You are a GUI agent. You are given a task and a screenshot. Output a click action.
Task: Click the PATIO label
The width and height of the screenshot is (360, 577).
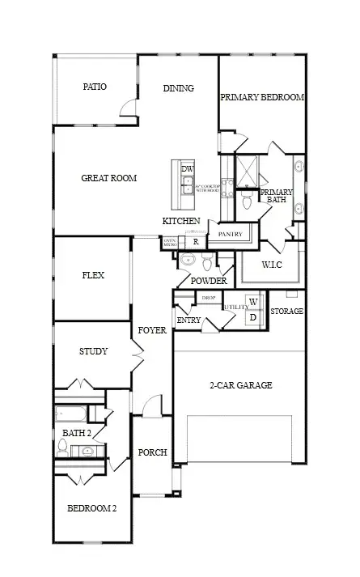(95, 87)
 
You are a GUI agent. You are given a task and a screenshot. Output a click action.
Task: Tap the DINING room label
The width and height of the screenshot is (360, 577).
(178, 89)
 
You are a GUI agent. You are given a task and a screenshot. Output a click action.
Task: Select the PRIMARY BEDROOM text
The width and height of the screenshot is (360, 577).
(262, 97)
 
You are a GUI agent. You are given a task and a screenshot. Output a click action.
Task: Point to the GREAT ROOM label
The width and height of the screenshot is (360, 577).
(108, 178)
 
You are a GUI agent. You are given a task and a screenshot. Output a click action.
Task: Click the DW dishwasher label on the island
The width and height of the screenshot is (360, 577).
(188, 168)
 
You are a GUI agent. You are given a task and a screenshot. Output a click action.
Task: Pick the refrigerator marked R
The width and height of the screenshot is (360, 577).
(195, 241)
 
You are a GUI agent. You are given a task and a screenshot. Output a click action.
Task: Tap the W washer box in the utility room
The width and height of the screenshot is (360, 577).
(253, 302)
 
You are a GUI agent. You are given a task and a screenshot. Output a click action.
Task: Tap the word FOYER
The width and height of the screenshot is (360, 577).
(151, 330)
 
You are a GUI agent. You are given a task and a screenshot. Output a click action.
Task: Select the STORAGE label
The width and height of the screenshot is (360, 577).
(286, 311)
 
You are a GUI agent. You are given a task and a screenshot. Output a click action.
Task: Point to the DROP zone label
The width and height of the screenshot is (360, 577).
(208, 298)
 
